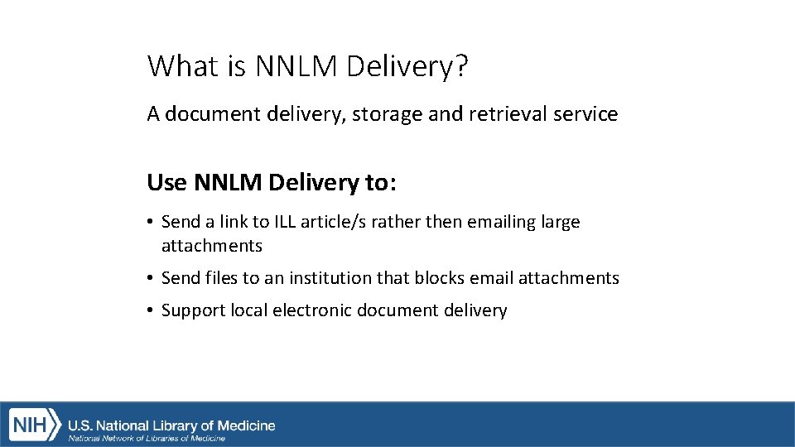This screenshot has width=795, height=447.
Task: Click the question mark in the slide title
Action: (460, 66)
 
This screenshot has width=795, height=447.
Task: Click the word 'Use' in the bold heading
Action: (167, 182)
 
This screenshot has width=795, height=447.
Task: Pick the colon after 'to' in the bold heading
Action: (393, 183)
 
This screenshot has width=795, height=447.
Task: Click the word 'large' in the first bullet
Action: (561, 223)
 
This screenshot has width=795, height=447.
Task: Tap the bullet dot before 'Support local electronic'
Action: (151, 310)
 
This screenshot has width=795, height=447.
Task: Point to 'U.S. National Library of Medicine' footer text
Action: (171, 425)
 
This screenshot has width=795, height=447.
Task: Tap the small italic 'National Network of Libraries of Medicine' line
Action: (147, 438)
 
